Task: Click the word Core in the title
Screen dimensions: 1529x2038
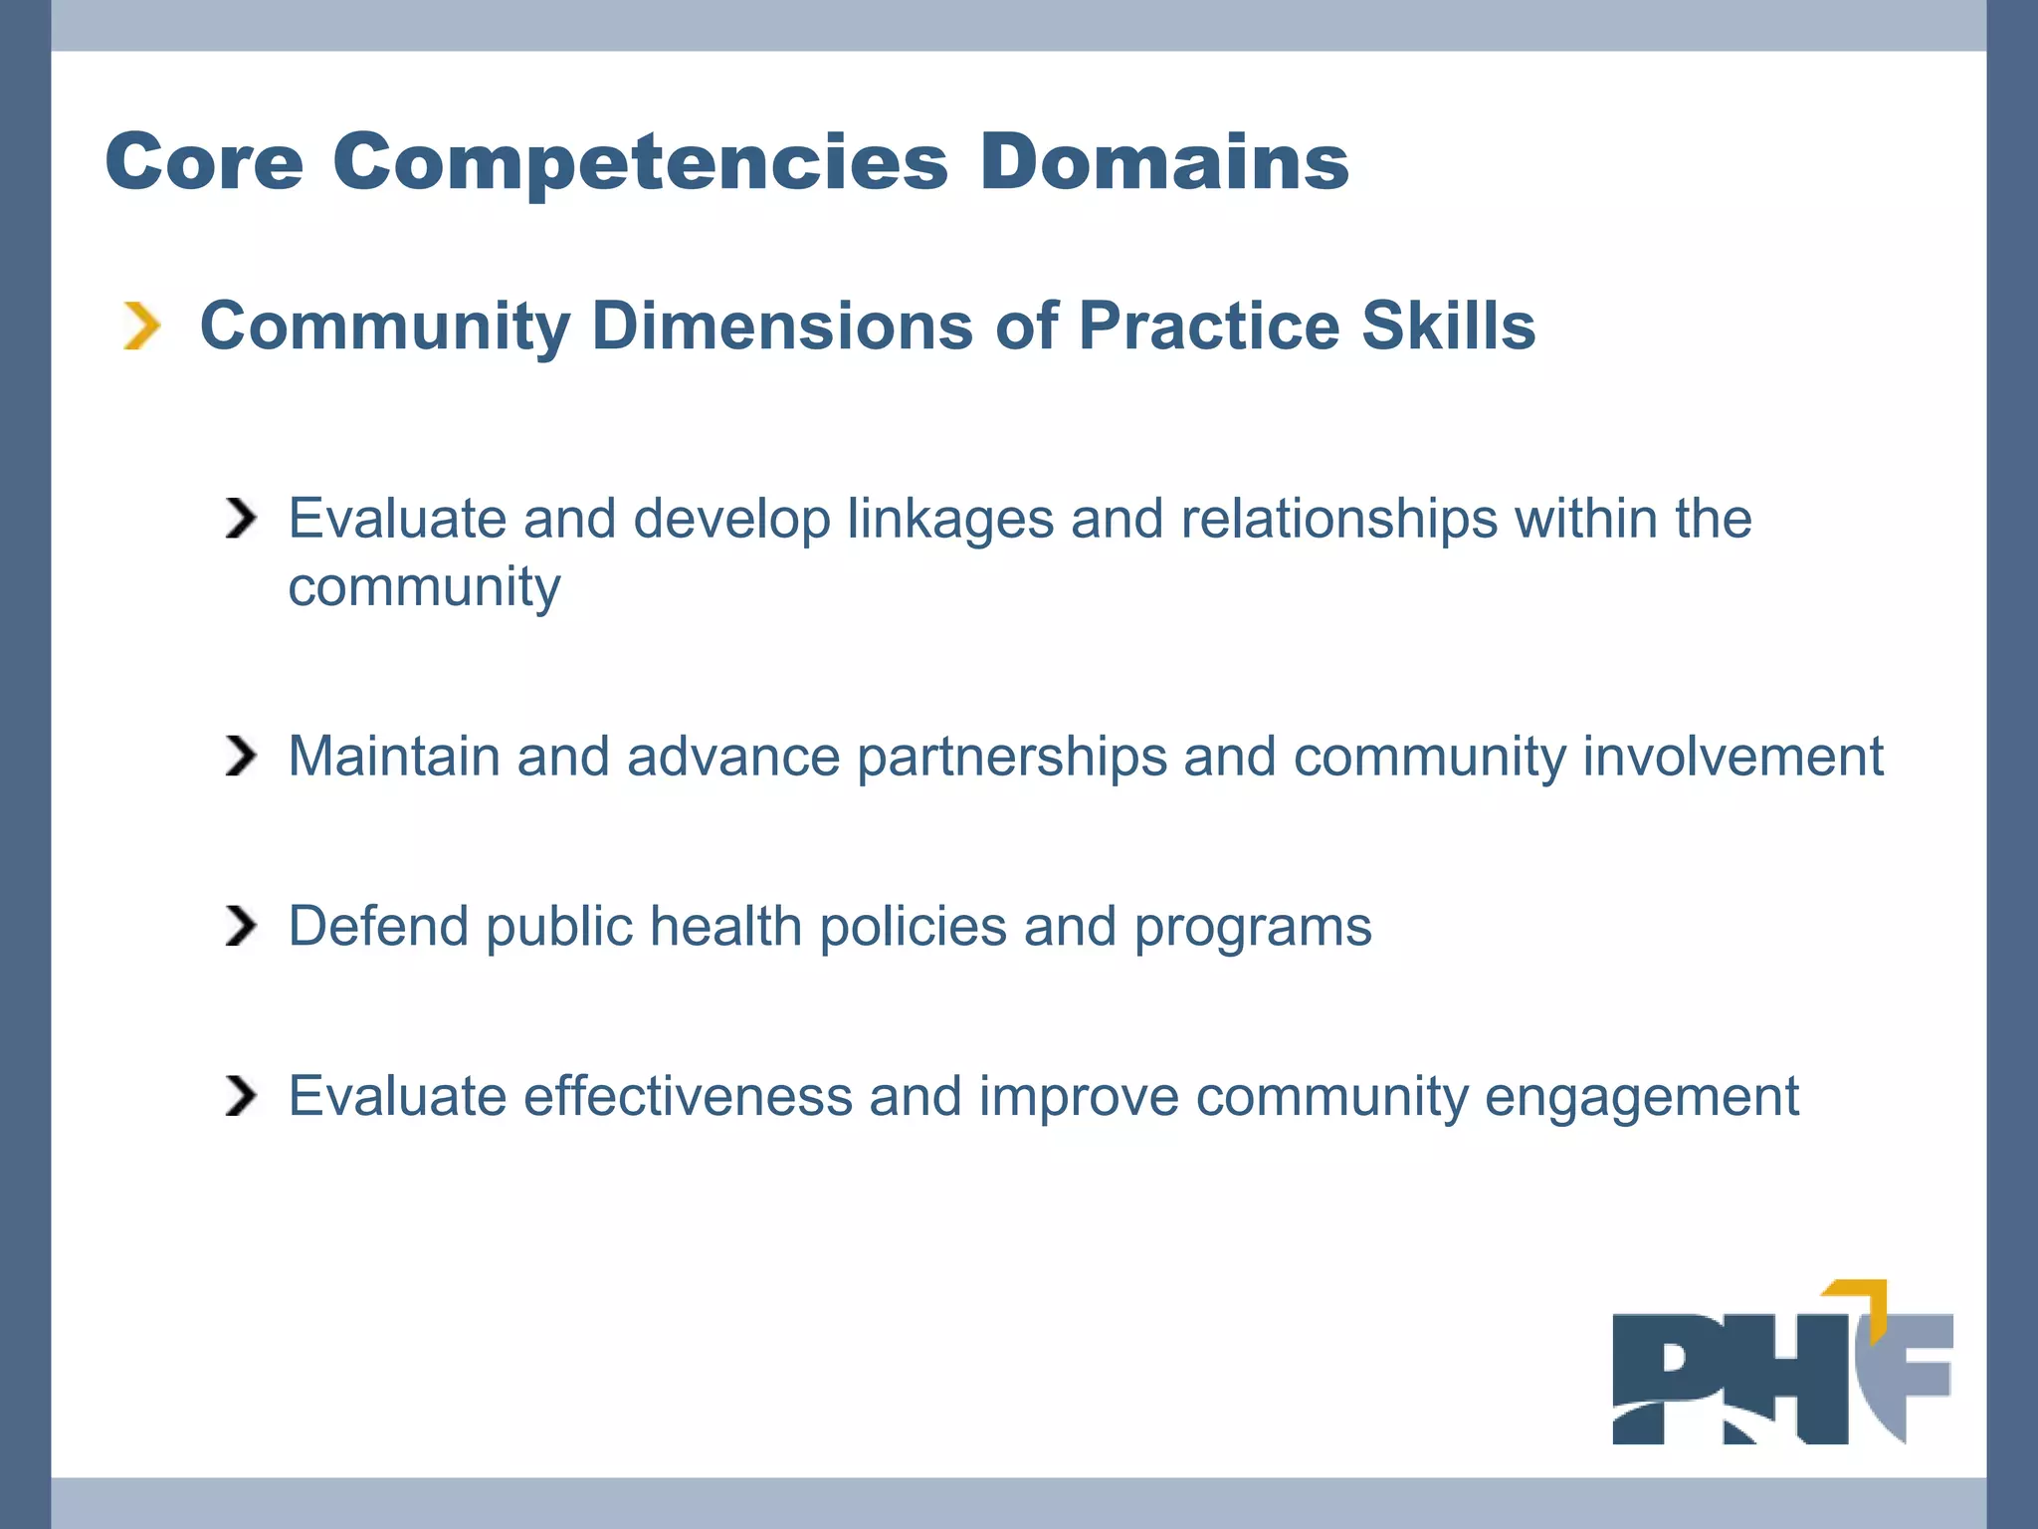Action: coord(204,162)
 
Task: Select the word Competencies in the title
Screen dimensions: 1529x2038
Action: coord(641,162)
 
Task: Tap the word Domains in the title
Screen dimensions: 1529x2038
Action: coord(1163,162)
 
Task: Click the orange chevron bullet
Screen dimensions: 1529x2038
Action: coord(141,327)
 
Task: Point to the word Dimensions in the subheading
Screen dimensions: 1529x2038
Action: coord(782,327)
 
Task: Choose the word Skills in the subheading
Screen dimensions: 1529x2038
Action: coord(1448,327)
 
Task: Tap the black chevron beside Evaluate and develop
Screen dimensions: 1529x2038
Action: coord(240,519)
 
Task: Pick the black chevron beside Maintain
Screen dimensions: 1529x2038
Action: coord(240,757)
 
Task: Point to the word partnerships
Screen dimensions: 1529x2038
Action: coord(1011,757)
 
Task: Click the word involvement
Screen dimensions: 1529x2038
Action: coord(1732,757)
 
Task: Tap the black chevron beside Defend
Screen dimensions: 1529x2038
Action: coord(240,927)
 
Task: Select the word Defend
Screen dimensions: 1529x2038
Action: coord(378,927)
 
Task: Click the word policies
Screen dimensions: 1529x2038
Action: coord(913,927)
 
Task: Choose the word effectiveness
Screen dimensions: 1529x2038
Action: coord(688,1097)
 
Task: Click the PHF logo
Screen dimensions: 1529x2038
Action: coord(1781,1374)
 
